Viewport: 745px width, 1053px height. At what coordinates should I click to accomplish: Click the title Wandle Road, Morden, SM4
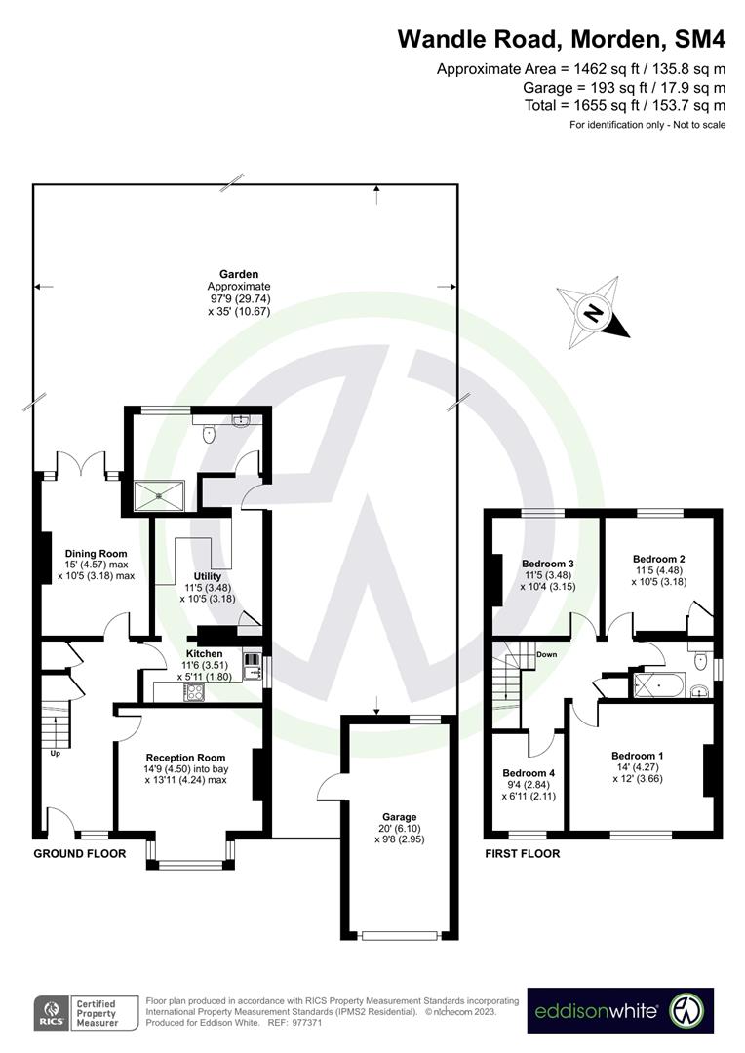[x=562, y=40]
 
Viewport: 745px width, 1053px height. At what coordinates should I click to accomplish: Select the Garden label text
[x=238, y=275]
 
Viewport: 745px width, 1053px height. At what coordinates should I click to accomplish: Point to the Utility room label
[x=207, y=576]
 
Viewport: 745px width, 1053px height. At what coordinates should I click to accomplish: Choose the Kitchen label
[x=204, y=653]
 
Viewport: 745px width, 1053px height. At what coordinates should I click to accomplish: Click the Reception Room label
[x=185, y=757]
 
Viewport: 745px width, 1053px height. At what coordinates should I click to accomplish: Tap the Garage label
[x=400, y=817]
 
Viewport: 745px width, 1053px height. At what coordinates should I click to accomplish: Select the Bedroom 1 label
[x=637, y=756]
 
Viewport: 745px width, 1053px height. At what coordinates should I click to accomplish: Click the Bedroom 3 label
[x=547, y=564]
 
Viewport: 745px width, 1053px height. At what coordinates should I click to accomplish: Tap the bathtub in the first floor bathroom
[x=661, y=685]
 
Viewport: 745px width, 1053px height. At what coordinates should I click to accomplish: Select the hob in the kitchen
[x=194, y=693]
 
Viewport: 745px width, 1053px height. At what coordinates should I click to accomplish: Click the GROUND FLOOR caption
[x=80, y=853]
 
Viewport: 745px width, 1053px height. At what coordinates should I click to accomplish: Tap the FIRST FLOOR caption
[x=523, y=853]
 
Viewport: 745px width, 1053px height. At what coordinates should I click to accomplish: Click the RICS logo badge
[x=48, y=1011]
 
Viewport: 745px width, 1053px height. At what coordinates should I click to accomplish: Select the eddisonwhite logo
[x=621, y=1011]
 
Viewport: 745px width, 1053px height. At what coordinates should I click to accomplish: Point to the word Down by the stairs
[x=545, y=654]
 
